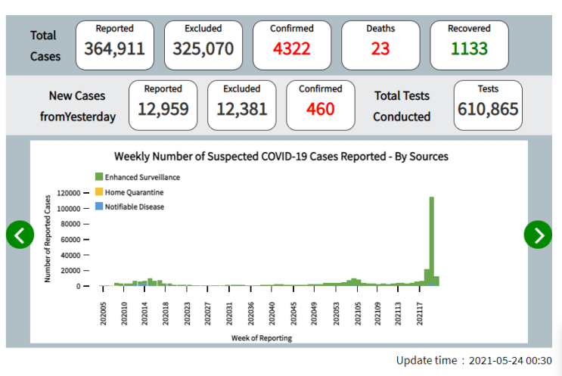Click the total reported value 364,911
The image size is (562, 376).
pyautogui.click(x=115, y=48)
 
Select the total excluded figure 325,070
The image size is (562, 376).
pyautogui.click(x=203, y=48)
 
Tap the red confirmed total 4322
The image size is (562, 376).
pyautogui.click(x=292, y=48)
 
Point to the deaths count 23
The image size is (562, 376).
pyautogui.click(x=380, y=48)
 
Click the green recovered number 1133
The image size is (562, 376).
pyautogui.click(x=469, y=48)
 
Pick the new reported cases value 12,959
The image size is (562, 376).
pyautogui.click(x=163, y=109)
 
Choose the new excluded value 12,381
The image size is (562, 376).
pyautogui.click(x=242, y=109)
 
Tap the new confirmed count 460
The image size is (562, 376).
pyautogui.click(x=321, y=109)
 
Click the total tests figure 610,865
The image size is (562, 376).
pyautogui.click(x=488, y=109)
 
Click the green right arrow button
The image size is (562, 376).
pyautogui.click(x=538, y=235)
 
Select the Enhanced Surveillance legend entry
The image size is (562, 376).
pyautogui.click(x=138, y=177)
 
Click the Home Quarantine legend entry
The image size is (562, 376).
pyautogui.click(x=129, y=192)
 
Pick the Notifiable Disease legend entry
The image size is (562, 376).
pyautogui.click(x=130, y=207)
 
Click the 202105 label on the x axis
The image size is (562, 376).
pyautogui.click(x=358, y=314)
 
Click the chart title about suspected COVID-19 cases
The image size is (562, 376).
pyautogui.click(x=281, y=157)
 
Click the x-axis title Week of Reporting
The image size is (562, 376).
pyautogui.click(x=262, y=338)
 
